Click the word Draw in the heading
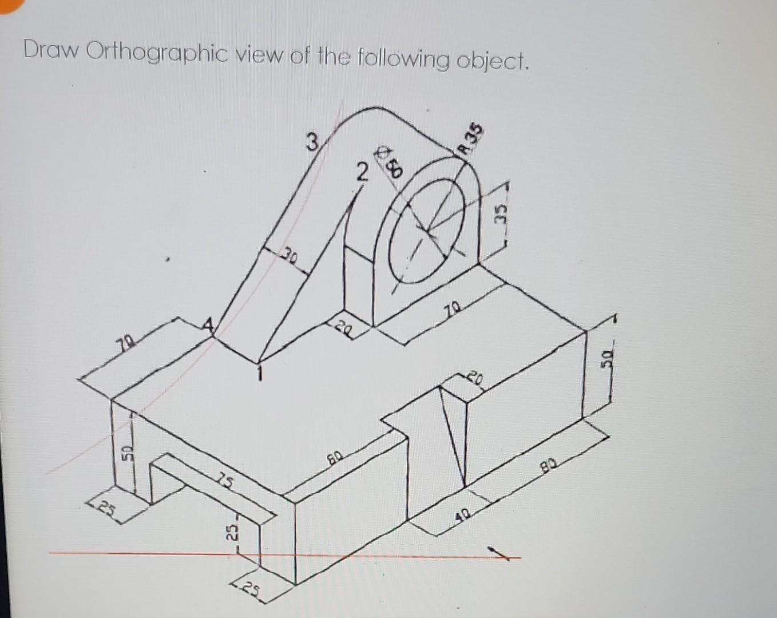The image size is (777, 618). (x=51, y=52)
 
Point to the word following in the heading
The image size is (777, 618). (x=403, y=58)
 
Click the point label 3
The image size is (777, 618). (x=312, y=141)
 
